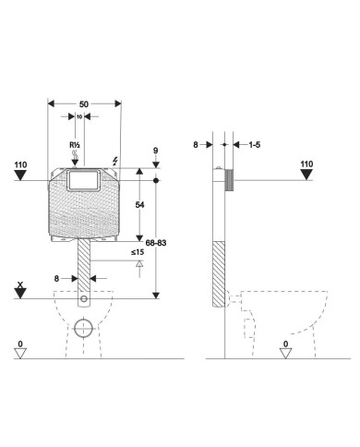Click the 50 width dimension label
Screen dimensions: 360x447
pyautogui.click(x=84, y=104)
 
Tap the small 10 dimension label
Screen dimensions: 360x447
pyautogui.click(x=79, y=116)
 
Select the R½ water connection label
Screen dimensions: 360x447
pyautogui.click(x=75, y=145)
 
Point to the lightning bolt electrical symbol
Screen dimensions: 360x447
pyautogui.click(x=115, y=161)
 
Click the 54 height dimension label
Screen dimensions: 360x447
pyautogui.click(x=139, y=205)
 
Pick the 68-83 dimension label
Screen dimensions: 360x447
pyautogui.click(x=156, y=243)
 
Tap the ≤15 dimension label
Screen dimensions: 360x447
pyautogui.click(x=138, y=252)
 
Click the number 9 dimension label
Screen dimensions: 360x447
pyautogui.click(x=156, y=151)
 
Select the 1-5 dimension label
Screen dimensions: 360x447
pyautogui.click(x=255, y=145)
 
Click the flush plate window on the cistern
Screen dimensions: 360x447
pyautogui.click(x=83, y=181)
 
